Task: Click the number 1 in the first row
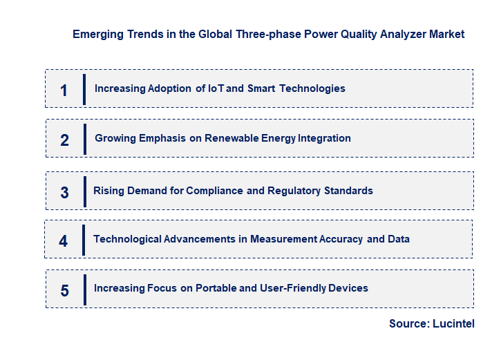point(64,90)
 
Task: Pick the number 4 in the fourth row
point(64,241)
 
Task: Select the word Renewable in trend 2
point(233,138)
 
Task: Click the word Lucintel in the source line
point(454,323)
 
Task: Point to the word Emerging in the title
point(97,34)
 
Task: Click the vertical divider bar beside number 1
point(84,89)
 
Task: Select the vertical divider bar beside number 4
point(84,240)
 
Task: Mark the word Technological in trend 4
point(127,239)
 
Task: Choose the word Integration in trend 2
point(324,138)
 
